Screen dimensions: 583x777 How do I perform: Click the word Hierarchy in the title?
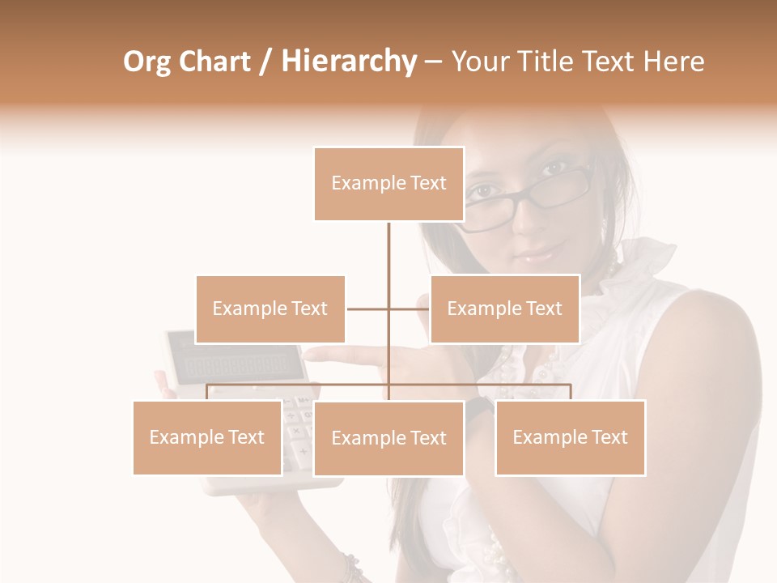[349, 62]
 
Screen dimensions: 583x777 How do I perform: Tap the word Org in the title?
[146, 62]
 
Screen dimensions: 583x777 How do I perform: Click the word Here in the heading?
[673, 62]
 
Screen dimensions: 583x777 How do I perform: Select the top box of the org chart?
[388, 184]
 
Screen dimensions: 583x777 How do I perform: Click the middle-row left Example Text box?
[270, 309]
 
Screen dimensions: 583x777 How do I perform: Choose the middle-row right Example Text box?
[504, 309]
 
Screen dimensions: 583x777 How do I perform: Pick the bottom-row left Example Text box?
[207, 437]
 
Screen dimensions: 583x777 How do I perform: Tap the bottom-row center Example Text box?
[388, 438]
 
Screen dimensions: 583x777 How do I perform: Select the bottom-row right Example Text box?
[570, 437]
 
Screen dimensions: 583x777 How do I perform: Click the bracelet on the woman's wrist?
[351, 567]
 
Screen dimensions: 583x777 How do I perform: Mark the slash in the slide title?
[265, 62]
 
